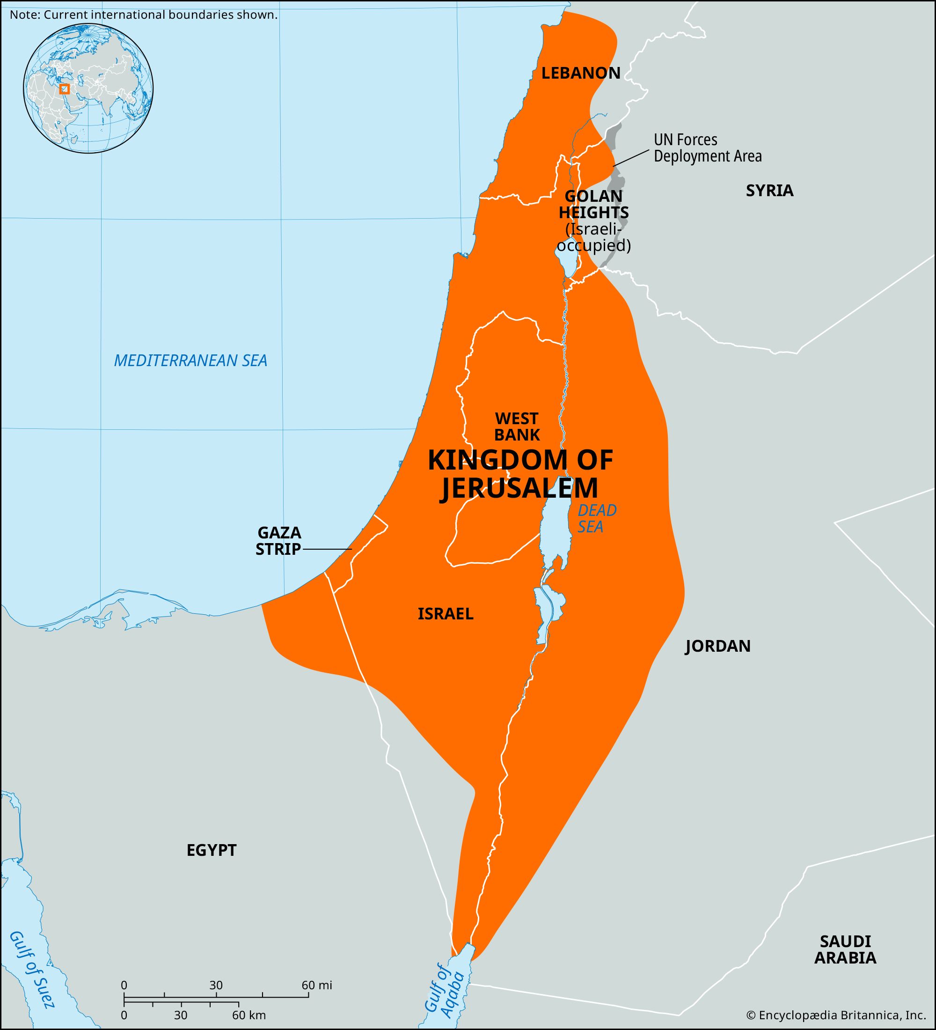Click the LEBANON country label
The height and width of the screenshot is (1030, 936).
click(581, 73)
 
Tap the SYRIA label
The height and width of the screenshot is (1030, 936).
click(769, 191)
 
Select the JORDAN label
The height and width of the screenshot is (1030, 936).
click(717, 646)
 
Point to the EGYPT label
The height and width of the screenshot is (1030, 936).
click(212, 850)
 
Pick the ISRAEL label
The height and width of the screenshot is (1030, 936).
click(445, 614)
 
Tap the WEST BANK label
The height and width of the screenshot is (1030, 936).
click(517, 427)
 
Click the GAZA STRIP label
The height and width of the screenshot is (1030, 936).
click(279, 541)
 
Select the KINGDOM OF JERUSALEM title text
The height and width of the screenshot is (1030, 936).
click(520, 474)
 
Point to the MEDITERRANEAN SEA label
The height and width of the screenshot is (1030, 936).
click(190, 360)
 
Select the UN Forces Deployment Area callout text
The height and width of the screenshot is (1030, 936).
click(707, 147)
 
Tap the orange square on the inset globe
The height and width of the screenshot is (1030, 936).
click(64, 89)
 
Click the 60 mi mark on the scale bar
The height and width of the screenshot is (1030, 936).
click(316, 985)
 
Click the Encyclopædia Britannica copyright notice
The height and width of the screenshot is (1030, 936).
click(836, 1015)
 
